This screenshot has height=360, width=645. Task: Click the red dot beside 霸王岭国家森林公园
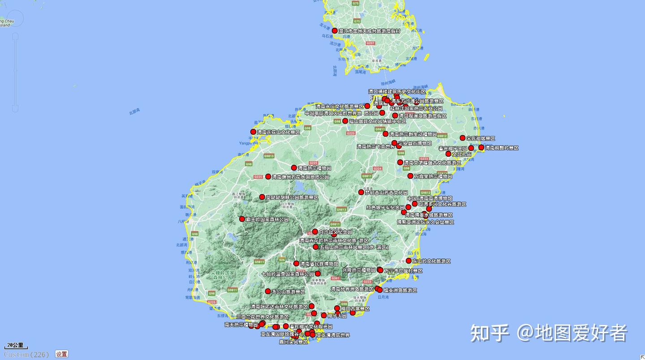click(x=242, y=219)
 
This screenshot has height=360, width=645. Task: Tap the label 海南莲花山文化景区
click(x=278, y=133)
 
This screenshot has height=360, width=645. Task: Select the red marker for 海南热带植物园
click(x=294, y=168)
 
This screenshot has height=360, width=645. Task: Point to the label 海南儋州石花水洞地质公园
click(x=300, y=177)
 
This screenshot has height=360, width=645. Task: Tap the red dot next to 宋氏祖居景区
click(x=462, y=138)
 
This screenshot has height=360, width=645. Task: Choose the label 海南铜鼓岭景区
click(x=501, y=148)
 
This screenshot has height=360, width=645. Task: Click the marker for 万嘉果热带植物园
click(x=410, y=176)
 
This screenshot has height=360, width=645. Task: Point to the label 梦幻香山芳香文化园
click(x=386, y=193)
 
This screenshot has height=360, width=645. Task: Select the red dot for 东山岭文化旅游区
click(x=408, y=261)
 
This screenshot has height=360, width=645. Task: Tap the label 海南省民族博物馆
click(x=319, y=264)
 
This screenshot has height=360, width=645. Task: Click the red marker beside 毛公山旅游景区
click(x=268, y=291)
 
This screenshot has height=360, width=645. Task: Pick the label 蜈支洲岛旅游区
click(x=400, y=291)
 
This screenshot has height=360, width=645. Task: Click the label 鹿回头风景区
click(x=293, y=342)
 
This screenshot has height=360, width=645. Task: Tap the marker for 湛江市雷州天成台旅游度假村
click(x=335, y=30)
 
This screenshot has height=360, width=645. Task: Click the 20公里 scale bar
click(x=16, y=346)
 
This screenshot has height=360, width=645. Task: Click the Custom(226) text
click(x=26, y=355)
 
